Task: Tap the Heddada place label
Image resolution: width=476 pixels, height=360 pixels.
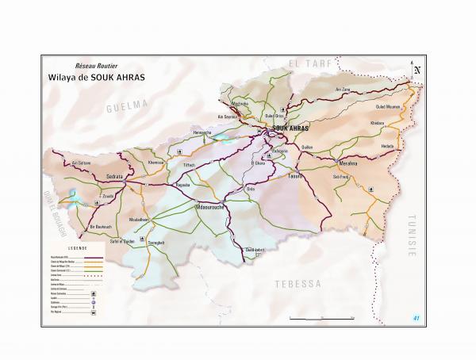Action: [387, 146]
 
